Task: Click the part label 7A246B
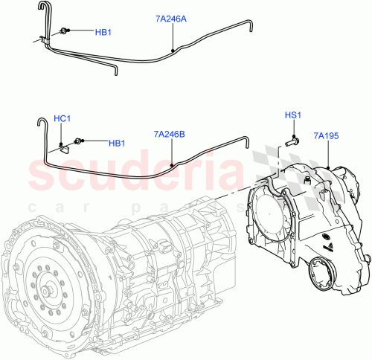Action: pyautogui.click(x=170, y=135)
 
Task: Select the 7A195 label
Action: pyautogui.click(x=326, y=135)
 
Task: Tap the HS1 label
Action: pyautogui.click(x=294, y=115)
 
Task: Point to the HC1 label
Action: pyautogui.click(x=62, y=118)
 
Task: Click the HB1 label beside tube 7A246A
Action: pyautogui.click(x=104, y=32)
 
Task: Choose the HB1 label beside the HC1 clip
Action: pyautogui.click(x=117, y=143)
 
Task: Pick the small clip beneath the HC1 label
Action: pyautogui.click(x=65, y=146)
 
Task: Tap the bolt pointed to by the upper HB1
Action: pyautogui.click(x=66, y=31)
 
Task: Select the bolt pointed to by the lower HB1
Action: pyautogui.click(x=79, y=141)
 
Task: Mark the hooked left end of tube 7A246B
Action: pyautogui.click(x=36, y=120)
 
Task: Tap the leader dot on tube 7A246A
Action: pyautogui.click(x=173, y=51)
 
